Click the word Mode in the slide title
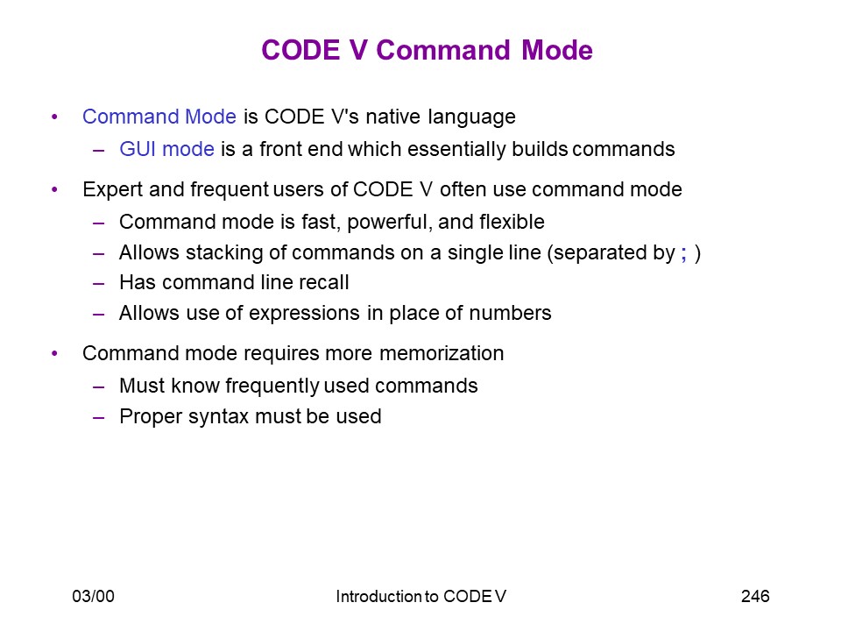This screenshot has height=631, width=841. [x=557, y=50]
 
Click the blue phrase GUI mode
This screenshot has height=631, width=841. [x=166, y=149]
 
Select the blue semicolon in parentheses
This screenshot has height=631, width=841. [x=684, y=253]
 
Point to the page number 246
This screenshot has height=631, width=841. [x=755, y=596]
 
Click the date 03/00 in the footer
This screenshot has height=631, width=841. [x=94, y=596]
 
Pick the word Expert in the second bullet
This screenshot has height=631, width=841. [x=113, y=190]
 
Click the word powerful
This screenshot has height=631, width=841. [x=390, y=222]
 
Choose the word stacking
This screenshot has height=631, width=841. [x=225, y=252]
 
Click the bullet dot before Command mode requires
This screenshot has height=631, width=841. [x=54, y=353]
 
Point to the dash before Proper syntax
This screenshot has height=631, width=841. [x=98, y=417]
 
